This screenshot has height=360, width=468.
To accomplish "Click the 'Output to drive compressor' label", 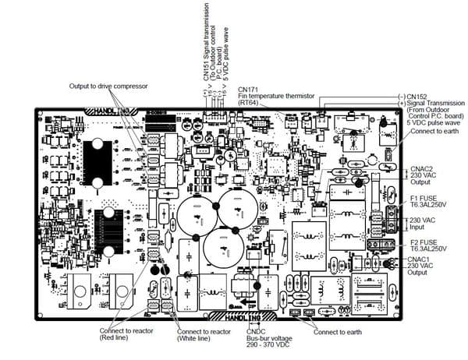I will [x=108, y=85].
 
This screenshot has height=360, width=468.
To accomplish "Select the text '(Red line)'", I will [x=117, y=339].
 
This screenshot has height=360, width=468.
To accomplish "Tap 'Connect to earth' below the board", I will [x=338, y=333].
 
